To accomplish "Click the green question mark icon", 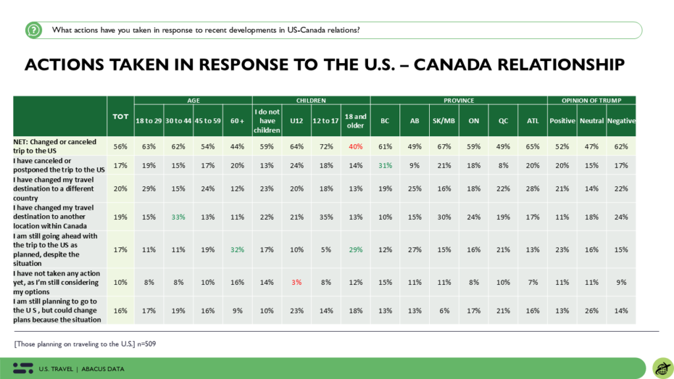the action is [x=34, y=30].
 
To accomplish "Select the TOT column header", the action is [x=120, y=116].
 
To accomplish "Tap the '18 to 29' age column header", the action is [x=149, y=121].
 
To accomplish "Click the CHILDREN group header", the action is [x=311, y=100].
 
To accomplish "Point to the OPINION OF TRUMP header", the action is [x=592, y=100].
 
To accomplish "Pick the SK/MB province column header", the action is [x=444, y=121].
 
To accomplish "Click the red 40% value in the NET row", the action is [x=355, y=147].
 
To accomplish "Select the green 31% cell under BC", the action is [x=385, y=165].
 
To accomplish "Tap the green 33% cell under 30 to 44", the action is [x=178, y=217].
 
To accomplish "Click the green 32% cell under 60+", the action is [x=237, y=249].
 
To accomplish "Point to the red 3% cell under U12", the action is [x=297, y=282].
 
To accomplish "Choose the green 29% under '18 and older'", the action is [x=355, y=249].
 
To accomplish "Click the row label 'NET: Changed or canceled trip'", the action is [x=55, y=146].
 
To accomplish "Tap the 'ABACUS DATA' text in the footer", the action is [x=103, y=368].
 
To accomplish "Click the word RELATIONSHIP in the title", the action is [x=561, y=64].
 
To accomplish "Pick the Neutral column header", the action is [x=592, y=121].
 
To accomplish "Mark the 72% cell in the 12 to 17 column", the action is [x=326, y=147].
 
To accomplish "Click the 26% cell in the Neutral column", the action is [x=592, y=311].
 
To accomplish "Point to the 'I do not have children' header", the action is [x=267, y=121].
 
